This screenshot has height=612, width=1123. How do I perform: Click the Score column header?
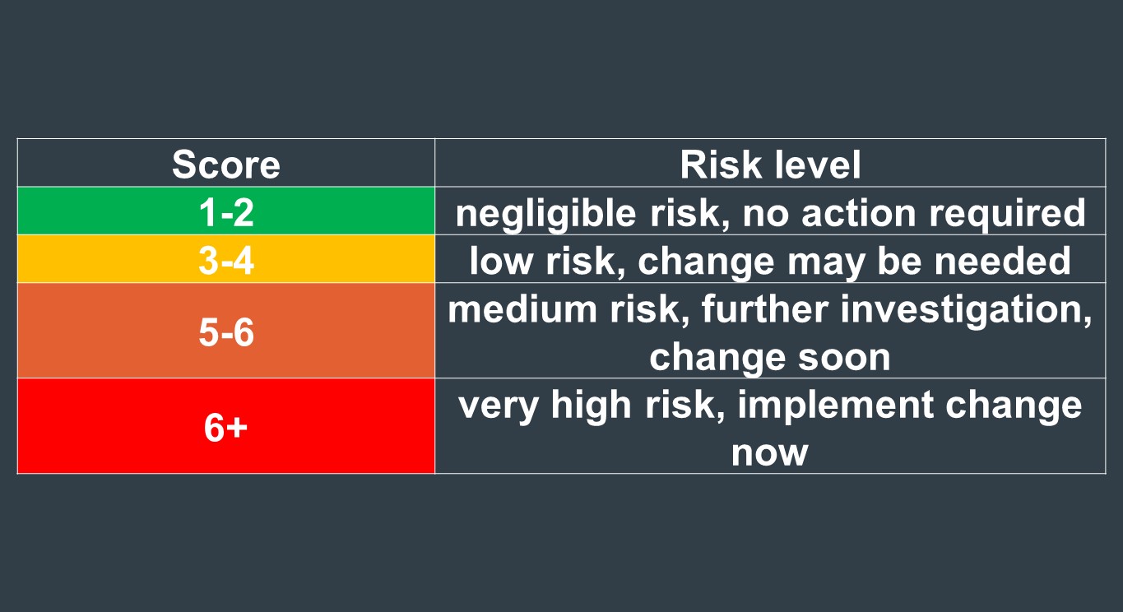[x=226, y=165]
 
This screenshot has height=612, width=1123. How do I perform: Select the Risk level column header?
[x=770, y=165]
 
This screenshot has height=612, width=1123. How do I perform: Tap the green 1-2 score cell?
[x=226, y=211]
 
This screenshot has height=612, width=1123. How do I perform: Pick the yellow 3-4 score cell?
[x=226, y=258]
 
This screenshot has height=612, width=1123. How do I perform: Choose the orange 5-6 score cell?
[x=226, y=331]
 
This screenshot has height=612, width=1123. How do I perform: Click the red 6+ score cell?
[x=226, y=425]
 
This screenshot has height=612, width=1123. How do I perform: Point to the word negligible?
[x=546, y=214]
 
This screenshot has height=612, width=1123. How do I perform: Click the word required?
[x=1008, y=214]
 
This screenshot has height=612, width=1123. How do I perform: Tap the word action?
[x=859, y=213]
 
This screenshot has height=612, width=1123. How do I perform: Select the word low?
[x=501, y=261]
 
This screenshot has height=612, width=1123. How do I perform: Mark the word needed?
[x=1003, y=261]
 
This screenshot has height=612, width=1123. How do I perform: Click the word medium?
[x=522, y=308]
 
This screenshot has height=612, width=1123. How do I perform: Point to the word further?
[x=764, y=308]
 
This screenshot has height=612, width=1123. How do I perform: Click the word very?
[x=499, y=406]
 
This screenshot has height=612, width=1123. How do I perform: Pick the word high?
[x=591, y=406]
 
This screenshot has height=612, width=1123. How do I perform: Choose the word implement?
[x=835, y=406]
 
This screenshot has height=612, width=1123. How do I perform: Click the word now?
[x=769, y=453]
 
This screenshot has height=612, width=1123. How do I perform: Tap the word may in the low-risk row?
[x=826, y=262]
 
